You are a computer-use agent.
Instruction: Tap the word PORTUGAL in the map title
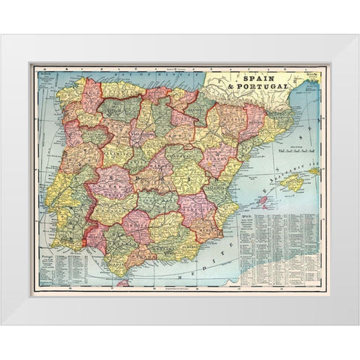click(x=274, y=87)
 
